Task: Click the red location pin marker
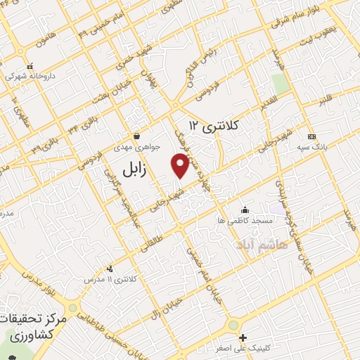180,166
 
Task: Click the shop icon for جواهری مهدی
136,136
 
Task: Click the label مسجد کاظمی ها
245,220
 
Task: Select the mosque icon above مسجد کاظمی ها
244,210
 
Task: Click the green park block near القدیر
281,84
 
